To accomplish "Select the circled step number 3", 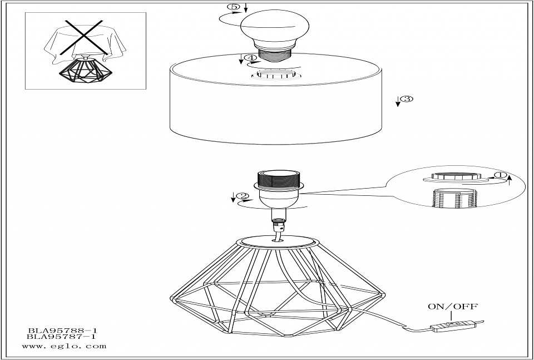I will [x=407, y=99].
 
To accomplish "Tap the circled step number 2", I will [x=242, y=196].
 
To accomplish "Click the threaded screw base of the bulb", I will [x=273, y=56].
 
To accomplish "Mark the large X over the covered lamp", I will [x=81, y=37].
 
